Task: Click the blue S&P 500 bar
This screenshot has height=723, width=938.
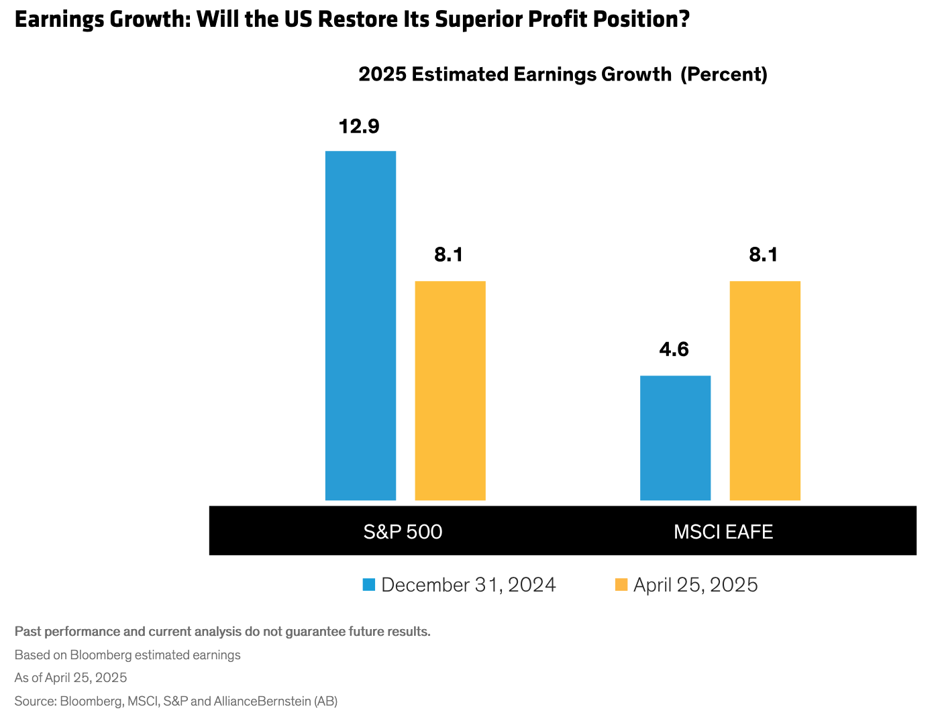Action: [x=360, y=325]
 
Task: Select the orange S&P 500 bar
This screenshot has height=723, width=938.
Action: [x=450, y=390]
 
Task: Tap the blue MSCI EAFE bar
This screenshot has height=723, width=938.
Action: [x=675, y=437]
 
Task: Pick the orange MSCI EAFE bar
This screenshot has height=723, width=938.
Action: [x=765, y=390]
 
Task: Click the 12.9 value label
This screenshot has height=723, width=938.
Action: [x=359, y=126]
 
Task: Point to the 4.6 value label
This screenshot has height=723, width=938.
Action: [x=674, y=349]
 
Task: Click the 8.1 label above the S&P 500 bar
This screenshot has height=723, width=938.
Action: [x=449, y=255]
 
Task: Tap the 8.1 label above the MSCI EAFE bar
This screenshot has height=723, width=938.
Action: [x=764, y=255]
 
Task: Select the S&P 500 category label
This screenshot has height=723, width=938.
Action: [x=403, y=532]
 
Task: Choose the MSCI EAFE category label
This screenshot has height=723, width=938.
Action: [x=723, y=532]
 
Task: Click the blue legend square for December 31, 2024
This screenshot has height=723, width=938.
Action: [x=368, y=585]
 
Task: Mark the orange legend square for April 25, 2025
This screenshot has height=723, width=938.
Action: [x=621, y=585]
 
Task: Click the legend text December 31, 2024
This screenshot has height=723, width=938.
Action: [x=468, y=585]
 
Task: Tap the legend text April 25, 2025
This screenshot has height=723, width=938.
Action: [x=695, y=585]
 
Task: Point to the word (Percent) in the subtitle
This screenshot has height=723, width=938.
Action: [x=723, y=74]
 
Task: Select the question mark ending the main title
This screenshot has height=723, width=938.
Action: [x=684, y=19]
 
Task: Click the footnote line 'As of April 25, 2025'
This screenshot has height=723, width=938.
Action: [x=71, y=677]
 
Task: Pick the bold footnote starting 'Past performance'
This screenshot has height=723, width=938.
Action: [x=222, y=631]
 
